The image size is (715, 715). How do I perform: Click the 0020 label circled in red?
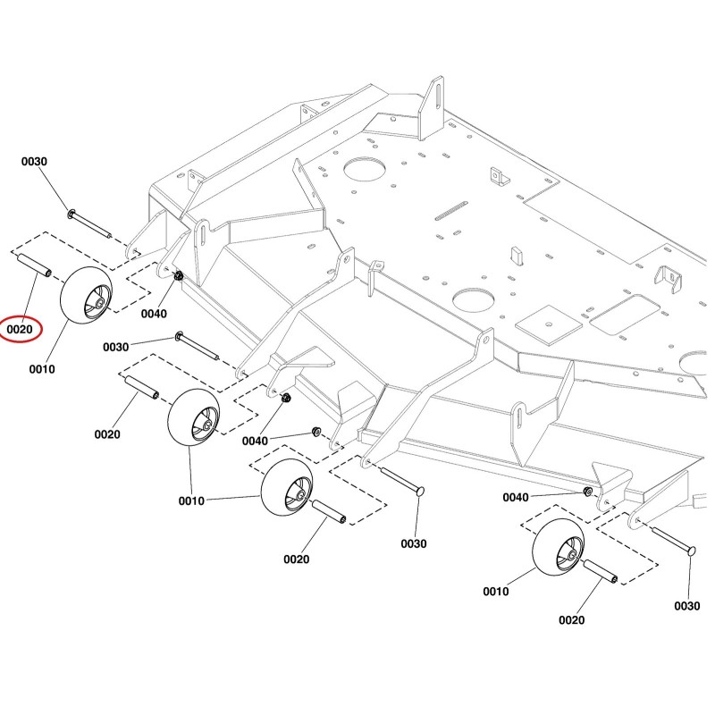20,329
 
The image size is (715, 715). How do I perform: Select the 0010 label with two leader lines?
191,501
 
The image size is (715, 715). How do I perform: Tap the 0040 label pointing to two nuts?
255,441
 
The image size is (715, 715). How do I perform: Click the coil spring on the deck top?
450,210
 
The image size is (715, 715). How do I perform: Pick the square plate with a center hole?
549,324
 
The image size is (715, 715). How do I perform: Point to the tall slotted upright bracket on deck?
431,107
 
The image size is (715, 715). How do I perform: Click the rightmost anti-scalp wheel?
558,547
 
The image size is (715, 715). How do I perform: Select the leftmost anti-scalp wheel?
86,296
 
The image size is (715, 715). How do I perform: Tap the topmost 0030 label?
34,162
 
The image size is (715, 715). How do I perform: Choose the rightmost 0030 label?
686,606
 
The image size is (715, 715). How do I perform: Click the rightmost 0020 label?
571,620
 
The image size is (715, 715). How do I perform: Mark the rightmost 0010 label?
496,592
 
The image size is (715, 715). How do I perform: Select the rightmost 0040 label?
516,498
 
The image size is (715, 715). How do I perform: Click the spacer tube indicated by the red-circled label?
34,265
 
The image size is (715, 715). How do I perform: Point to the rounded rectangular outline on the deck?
625,315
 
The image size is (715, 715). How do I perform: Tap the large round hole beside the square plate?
474,300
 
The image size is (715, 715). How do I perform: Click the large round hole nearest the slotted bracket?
365,169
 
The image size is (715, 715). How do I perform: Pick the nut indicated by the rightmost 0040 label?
588,492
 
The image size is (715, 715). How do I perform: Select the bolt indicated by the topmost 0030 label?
90,224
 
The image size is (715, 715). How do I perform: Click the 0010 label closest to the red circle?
42,369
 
